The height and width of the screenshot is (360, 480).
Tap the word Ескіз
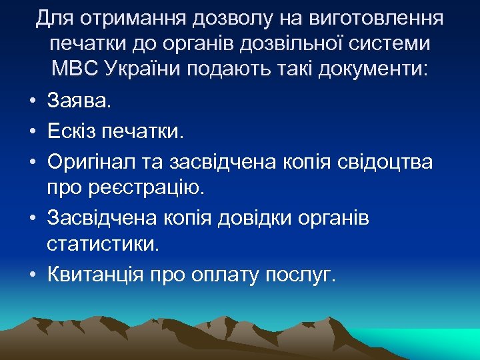[73, 131]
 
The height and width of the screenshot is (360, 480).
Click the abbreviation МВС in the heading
[75, 68]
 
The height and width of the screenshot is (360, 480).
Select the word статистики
[103, 245]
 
